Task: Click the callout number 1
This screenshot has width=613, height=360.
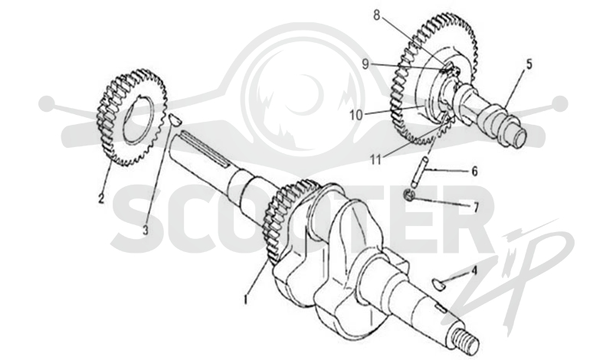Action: (x=246, y=299)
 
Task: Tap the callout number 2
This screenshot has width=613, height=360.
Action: (x=101, y=198)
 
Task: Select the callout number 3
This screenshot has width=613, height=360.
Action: (x=146, y=230)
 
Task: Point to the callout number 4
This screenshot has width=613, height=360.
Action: (x=474, y=270)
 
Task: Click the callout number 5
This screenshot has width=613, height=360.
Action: (x=529, y=64)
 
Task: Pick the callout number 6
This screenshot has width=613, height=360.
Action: (x=474, y=172)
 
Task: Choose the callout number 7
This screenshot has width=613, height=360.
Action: (x=476, y=208)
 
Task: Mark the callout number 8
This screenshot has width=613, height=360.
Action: (x=376, y=15)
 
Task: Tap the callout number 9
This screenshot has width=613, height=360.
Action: (x=366, y=64)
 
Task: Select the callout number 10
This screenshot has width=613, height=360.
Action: (x=356, y=115)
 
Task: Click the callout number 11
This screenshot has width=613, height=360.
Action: (x=375, y=159)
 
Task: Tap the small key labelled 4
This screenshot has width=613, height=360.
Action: (x=438, y=285)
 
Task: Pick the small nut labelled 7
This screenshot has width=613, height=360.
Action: (x=408, y=194)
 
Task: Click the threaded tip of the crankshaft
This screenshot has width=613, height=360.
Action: (x=466, y=339)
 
